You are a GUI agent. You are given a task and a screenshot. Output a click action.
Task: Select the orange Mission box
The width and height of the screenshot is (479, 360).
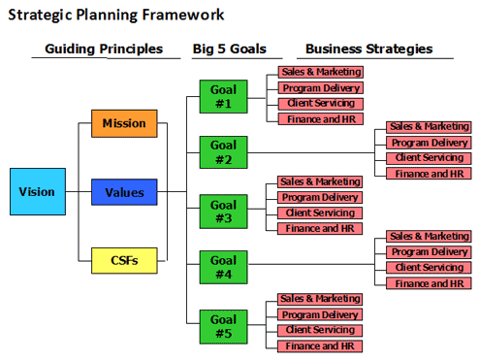click(124, 124)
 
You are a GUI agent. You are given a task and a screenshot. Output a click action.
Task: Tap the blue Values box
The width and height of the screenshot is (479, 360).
click(124, 192)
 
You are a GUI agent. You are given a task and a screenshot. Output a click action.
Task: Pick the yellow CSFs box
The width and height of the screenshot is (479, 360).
click(124, 260)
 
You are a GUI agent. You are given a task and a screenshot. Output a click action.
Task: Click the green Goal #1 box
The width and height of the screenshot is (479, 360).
click(223, 96)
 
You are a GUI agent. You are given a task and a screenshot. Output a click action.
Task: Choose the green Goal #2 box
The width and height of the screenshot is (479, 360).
click(223, 151)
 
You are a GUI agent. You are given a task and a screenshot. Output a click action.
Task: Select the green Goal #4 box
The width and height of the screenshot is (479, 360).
click(223, 266)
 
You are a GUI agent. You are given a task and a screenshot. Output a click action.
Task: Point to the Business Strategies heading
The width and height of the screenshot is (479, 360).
click(369, 49)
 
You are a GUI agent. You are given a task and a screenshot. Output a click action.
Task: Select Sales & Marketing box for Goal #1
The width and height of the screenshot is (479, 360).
click(320, 72)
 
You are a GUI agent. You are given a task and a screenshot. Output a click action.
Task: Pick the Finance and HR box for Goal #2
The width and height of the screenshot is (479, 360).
click(428, 174)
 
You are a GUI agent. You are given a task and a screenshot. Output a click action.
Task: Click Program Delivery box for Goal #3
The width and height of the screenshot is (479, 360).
click(320, 197)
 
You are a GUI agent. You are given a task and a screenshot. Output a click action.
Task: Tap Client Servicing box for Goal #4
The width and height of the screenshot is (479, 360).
click(428, 268)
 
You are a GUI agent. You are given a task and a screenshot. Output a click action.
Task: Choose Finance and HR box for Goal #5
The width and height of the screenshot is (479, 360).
click(320, 346)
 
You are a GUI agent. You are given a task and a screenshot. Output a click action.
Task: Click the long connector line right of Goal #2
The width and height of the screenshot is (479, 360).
click(310, 151)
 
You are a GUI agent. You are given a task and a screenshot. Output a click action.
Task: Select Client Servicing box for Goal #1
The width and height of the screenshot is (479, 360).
click(320, 103)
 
